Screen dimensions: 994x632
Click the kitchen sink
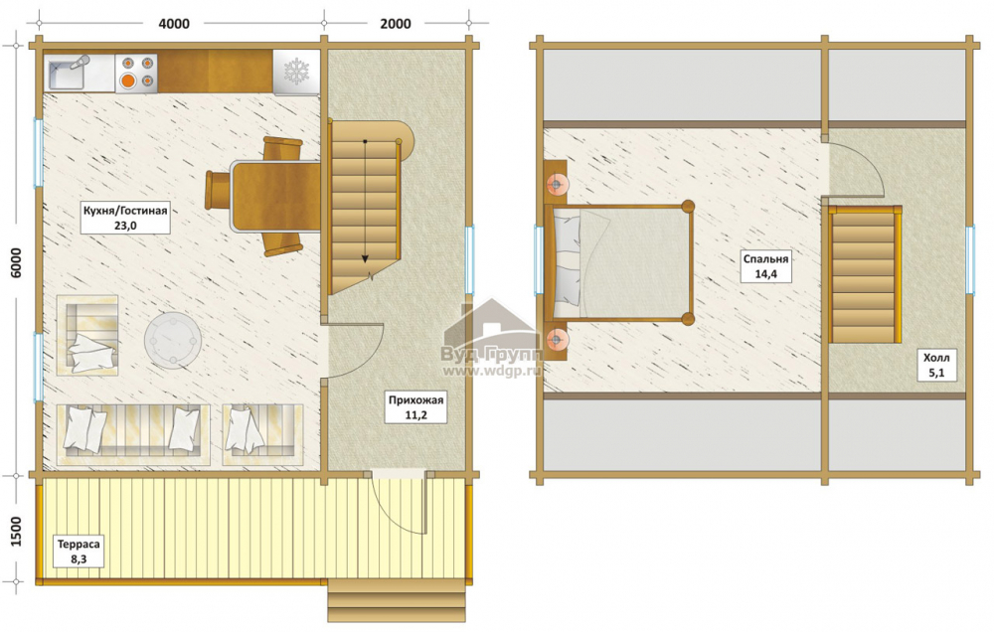pyautogui.click(x=68, y=73)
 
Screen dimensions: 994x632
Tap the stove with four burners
pyautogui.click(x=136, y=73)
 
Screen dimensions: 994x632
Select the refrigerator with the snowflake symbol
pyautogui.click(x=296, y=73)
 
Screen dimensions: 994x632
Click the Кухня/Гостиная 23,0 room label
pyautogui.click(x=125, y=218)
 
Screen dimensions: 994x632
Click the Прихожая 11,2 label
pyautogui.click(x=415, y=407)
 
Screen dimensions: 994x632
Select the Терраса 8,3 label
pyautogui.click(x=79, y=552)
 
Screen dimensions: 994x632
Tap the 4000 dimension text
pyautogui.click(x=173, y=24)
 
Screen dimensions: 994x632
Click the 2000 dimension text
pyautogui.click(x=395, y=24)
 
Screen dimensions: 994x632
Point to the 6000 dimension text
pyautogui.click(x=17, y=262)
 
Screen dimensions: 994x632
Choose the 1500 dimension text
pyautogui.click(x=17, y=532)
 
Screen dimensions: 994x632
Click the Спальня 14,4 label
pyautogui.click(x=765, y=266)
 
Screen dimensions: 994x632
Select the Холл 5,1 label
pyautogui.click(x=936, y=366)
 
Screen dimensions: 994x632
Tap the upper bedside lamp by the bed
pyautogui.click(x=556, y=184)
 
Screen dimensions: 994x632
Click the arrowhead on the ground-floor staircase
pyautogui.click(x=365, y=257)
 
